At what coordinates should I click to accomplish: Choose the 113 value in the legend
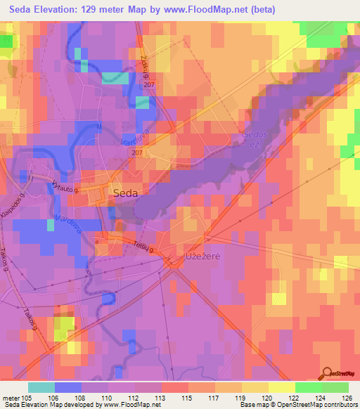click(x=160, y=396)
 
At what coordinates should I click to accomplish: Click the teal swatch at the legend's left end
click(x=41, y=387)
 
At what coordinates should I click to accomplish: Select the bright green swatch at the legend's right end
click(x=335, y=387)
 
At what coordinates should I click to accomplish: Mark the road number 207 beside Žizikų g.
click(x=148, y=84)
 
